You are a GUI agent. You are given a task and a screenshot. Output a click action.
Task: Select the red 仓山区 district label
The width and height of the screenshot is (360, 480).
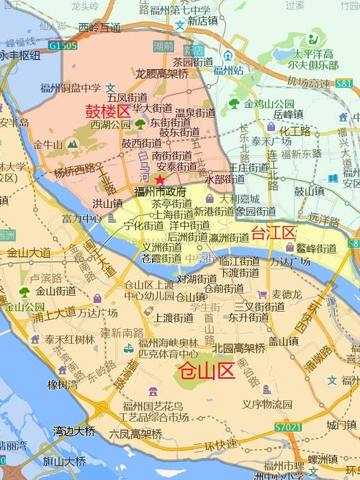tap(206, 371)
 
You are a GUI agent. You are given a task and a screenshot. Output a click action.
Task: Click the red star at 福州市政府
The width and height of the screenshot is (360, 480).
tap(160, 179)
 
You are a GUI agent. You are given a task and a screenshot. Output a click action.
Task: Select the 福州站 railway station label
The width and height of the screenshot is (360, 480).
tap(248, 71)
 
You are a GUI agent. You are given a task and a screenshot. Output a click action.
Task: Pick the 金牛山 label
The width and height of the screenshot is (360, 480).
tap(48, 144)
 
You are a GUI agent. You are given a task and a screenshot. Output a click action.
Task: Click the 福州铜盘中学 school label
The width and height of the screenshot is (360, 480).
tap(69, 89)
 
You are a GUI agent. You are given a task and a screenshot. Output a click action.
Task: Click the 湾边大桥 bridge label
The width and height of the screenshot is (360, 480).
tap(73, 432)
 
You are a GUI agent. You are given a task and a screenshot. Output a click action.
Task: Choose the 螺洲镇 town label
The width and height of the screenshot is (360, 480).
tap(320, 458)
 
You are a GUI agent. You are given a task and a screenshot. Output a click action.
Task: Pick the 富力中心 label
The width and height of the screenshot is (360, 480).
tap(81, 217)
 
